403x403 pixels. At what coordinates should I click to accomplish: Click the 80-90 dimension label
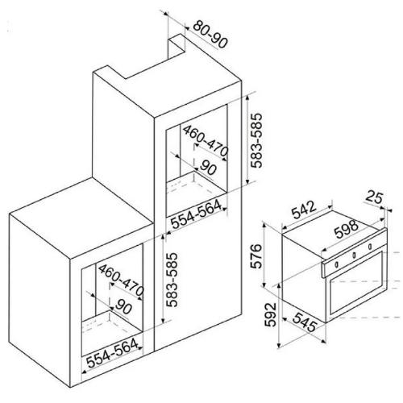(210, 35)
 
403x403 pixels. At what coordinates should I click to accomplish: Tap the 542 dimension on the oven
(305, 210)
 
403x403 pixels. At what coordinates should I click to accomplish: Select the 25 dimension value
(374, 197)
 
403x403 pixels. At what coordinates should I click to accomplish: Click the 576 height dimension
(256, 256)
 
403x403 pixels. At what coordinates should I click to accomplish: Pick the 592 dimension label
(271, 314)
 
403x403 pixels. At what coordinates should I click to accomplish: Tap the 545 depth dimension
(305, 322)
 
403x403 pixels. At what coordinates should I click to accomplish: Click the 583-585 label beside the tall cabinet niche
(256, 140)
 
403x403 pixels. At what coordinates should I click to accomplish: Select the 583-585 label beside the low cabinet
(172, 280)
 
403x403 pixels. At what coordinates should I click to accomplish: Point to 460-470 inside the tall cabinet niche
(206, 141)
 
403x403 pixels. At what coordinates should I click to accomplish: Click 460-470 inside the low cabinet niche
(121, 280)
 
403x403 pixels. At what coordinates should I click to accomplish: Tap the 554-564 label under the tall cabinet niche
(197, 214)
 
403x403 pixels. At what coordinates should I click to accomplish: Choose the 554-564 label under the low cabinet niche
(112, 354)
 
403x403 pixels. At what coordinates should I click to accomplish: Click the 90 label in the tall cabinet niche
(208, 168)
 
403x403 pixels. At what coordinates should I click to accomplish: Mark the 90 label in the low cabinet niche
(123, 307)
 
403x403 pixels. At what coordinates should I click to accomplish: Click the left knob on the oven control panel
(337, 264)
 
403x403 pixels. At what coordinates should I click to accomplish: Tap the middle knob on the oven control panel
(354, 255)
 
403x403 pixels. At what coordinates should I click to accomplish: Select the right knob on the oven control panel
(370, 246)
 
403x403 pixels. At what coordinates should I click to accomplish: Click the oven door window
(356, 283)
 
